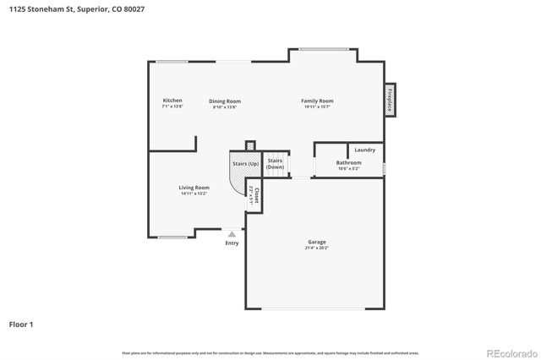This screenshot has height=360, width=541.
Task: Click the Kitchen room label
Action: click(172, 101)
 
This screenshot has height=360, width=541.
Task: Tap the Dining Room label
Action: click(225, 101)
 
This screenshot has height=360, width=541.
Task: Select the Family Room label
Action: click(317, 101)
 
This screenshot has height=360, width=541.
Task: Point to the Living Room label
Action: click(194, 187)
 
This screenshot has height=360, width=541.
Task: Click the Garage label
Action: click(317, 243)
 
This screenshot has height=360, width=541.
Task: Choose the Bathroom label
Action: click(348, 162)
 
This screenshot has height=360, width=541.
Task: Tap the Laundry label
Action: click(365, 150)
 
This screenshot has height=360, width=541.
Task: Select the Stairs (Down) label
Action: click(275, 163)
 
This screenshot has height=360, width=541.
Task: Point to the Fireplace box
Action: click(390, 100)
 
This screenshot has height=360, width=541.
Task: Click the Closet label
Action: click(255, 193)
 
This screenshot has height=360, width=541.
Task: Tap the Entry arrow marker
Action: click(232, 233)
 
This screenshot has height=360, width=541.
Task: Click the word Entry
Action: click(232, 243)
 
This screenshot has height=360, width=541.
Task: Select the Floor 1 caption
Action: click(22, 324)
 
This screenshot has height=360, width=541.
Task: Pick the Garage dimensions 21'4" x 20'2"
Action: click(317, 248)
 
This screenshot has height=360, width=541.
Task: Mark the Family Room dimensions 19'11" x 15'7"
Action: click(317, 106)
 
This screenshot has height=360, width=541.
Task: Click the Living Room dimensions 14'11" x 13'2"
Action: click(194, 194)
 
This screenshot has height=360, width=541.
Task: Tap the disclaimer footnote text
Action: click(270, 352)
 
